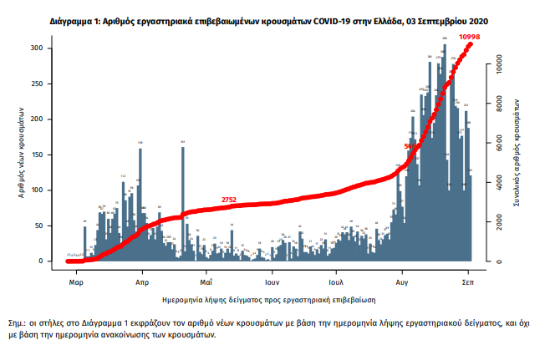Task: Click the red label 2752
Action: (229, 199)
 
